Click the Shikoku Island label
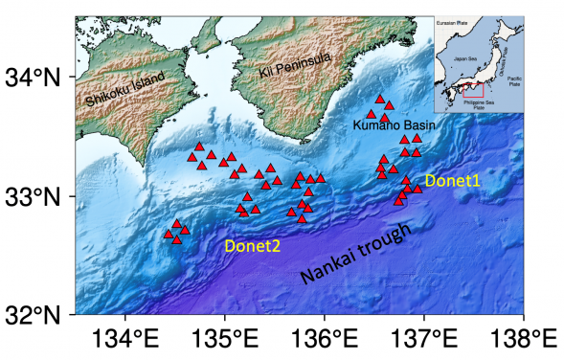(x=124, y=87)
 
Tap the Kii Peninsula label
(x=295, y=64)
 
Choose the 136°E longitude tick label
(x=325, y=340)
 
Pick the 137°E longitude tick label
(x=424, y=340)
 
